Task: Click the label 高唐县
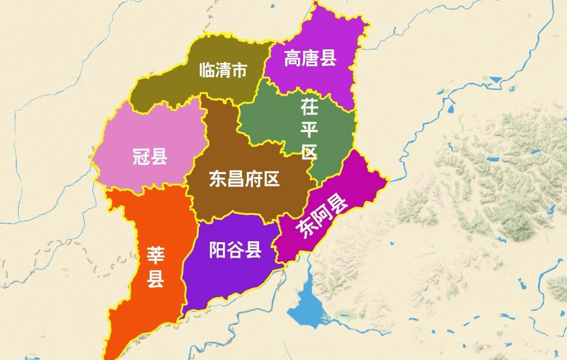pyautogui.click(x=310, y=58)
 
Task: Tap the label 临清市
pyautogui.click(x=222, y=70)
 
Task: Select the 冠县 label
pyautogui.click(x=150, y=157)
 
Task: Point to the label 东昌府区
pyautogui.click(x=244, y=179)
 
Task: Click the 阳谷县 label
pyautogui.click(x=235, y=250)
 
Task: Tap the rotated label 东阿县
pyautogui.click(x=322, y=218)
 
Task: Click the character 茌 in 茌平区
pyautogui.click(x=310, y=107)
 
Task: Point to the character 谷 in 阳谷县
pyautogui.click(x=235, y=250)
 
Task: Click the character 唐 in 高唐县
pyautogui.click(x=310, y=58)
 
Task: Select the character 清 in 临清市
pyautogui.click(x=222, y=70)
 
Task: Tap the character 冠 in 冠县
pyautogui.click(x=140, y=157)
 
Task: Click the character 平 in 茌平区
pyautogui.click(x=310, y=129)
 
